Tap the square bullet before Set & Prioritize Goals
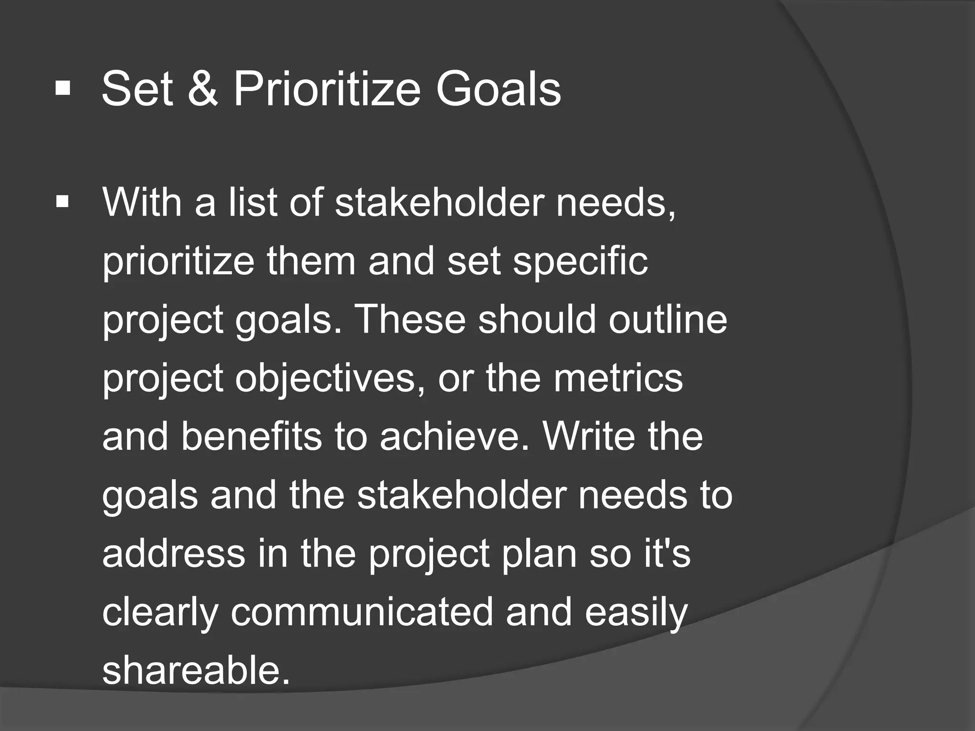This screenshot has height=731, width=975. pyautogui.click(x=63, y=88)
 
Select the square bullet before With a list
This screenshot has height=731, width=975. pyautogui.click(x=62, y=202)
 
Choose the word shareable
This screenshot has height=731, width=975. pyautogui.click(x=196, y=671)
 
